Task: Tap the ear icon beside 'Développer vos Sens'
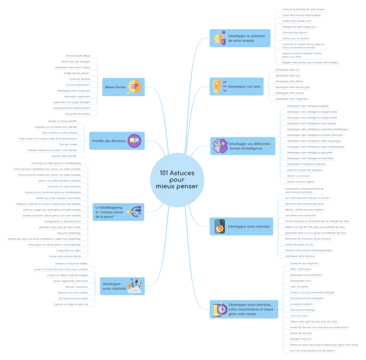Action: click(x=218, y=87)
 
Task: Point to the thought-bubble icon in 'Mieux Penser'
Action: click(x=135, y=87)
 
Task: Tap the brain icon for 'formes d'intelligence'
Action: click(x=219, y=146)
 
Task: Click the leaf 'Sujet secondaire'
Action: click(x=299, y=316)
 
